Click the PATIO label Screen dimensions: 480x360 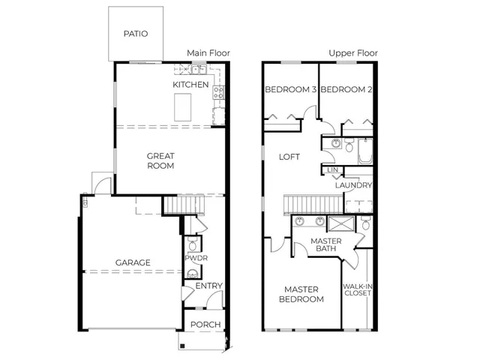[136, 34]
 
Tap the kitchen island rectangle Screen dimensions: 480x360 [183, 107]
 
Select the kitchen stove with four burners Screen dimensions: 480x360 [219, 92]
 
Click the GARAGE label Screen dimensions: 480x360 [133, 262]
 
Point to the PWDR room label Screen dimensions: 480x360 [196, 258]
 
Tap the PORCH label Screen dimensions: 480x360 [205, 325]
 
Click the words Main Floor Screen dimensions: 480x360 [208, 53]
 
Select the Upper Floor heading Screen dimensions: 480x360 [353, 53]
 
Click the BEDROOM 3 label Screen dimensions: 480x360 [290, 90]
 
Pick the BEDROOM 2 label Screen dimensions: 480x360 [346, 90]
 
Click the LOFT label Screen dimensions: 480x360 [289, 157]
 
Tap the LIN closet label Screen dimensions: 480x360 [333, 170]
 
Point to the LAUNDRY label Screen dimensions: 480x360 [353, 185]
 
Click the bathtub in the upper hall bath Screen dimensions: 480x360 [365, 151]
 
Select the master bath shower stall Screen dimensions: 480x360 [341, 223]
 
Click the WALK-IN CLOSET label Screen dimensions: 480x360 [358, 290]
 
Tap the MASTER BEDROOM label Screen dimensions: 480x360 [301, 294]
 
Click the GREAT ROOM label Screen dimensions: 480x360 [160, 161]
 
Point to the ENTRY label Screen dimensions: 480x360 [209, 286]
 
